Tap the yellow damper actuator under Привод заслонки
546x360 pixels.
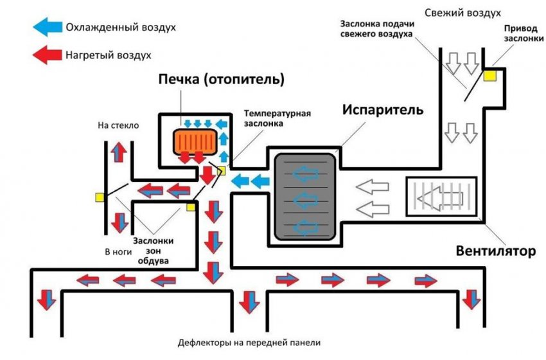491,76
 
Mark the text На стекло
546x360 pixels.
118,126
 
